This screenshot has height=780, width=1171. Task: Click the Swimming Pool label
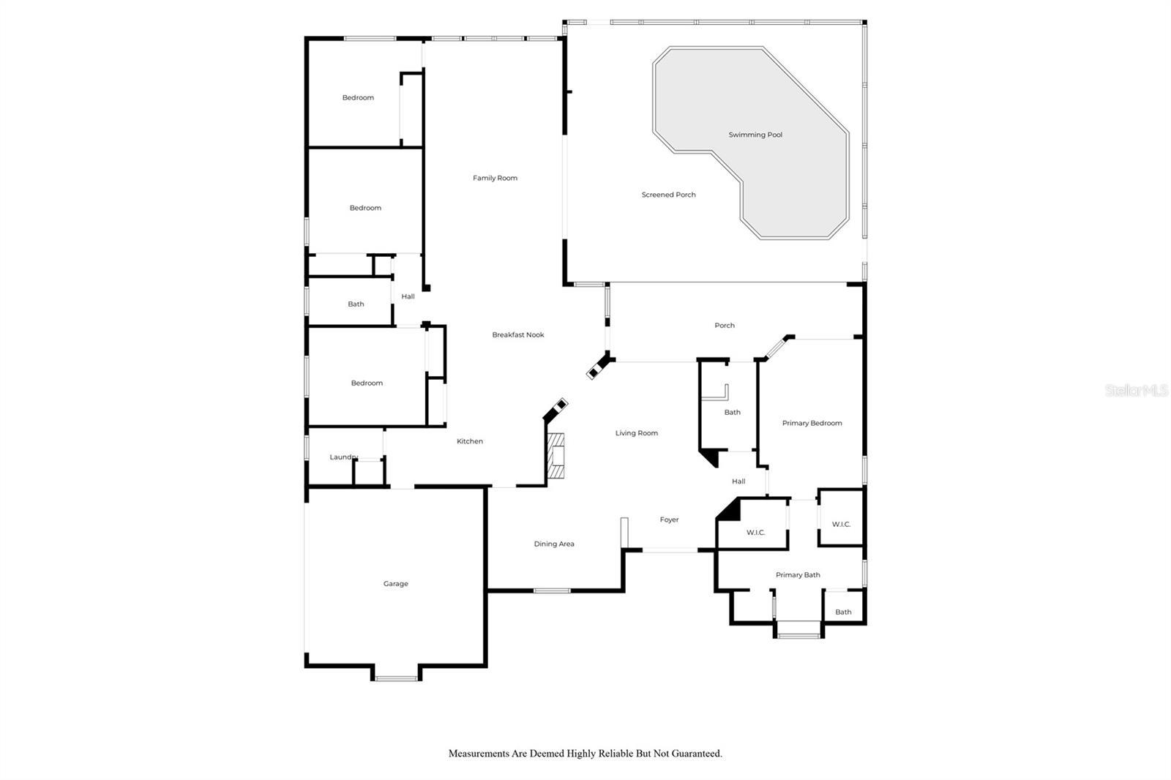click(x=755, y=135)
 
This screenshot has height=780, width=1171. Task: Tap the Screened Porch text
click(x=669, y=195)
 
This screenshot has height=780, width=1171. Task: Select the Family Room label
click(x=495, y=179)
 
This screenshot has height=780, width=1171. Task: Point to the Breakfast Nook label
click(x=518, y=334)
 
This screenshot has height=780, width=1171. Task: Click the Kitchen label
click(x=470, y=441)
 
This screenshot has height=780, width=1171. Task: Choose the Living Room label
click(x=636, y=433)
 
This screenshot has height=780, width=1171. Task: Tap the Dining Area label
click(x=554, y=544)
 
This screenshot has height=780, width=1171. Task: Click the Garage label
click(x=396, y=584)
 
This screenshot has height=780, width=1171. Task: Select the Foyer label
click(x=669, y=520)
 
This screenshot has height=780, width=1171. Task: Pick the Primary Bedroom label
click(x=812, y=424)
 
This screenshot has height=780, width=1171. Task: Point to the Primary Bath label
click(x=798, y=575)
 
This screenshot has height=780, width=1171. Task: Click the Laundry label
click(x=343, y=457)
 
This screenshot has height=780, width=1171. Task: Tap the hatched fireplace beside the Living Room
click(x=555, y=456)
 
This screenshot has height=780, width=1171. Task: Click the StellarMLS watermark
click(x=1137, y=391)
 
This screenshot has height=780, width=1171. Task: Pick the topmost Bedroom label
click(x=358, y=98)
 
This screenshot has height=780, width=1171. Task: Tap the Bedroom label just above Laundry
click(x=367, y=383)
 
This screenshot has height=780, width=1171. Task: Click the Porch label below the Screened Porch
click(x=725, y=326)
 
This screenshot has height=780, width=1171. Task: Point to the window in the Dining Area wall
click(x=552, y=590)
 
